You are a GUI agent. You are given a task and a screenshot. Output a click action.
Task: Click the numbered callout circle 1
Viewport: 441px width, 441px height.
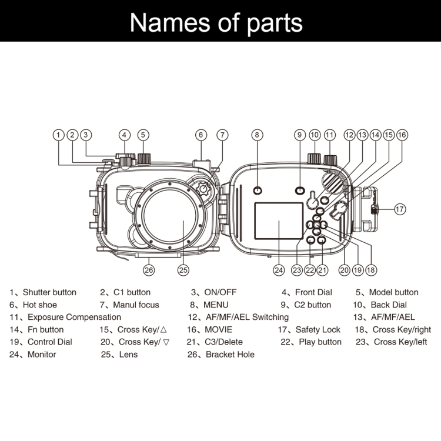tap(58, 135)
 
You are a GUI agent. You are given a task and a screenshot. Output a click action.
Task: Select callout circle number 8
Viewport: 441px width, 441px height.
tap(257, 135)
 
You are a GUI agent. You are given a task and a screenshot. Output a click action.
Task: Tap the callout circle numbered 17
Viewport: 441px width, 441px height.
tap(400, 208)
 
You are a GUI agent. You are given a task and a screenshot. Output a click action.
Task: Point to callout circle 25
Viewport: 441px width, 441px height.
tap(183, 270)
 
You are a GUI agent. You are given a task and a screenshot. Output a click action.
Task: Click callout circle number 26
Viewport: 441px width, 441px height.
tap(149, 270)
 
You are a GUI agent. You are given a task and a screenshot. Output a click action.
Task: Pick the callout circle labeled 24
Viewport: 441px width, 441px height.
tap(279, 270)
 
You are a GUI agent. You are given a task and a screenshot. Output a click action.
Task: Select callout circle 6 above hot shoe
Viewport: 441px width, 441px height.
tap(201, 135)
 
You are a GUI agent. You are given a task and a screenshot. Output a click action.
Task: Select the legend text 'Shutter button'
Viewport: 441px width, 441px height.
tap(49, 292)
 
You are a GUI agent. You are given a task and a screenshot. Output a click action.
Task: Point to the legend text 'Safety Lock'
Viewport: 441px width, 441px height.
tap(318, 330)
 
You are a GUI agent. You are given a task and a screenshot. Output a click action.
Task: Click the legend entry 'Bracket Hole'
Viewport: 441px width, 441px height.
tap(230, 355)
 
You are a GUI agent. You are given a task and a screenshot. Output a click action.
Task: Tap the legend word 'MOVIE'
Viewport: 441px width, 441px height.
tap(218, 330)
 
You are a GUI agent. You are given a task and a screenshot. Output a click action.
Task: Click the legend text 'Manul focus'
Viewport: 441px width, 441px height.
tap(136, 305)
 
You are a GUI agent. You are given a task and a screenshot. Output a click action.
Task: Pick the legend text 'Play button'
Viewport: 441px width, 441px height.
tap(320, 342)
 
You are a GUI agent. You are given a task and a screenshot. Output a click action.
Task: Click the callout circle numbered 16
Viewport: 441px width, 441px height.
tap(402, 135)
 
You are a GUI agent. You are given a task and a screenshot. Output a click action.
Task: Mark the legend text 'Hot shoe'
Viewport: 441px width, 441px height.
tap(41, 305)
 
